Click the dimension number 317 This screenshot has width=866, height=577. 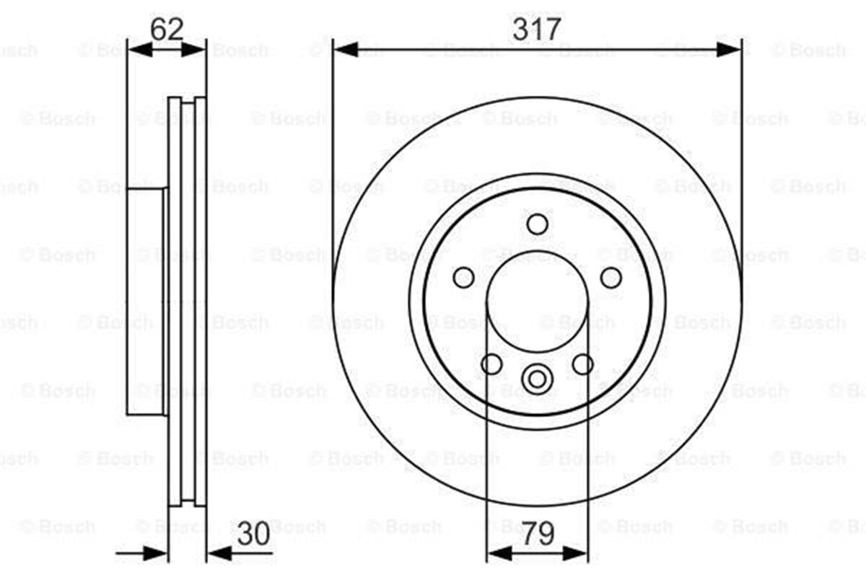pos(536,29)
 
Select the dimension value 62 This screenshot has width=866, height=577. pos(167,29)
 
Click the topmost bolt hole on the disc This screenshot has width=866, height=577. pos(537,224)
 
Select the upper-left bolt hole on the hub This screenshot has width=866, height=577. pos(463,277)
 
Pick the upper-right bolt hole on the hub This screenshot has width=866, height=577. pos(611,277)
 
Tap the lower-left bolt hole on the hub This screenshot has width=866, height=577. pos(491,364)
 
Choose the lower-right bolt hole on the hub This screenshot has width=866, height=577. pos(582,364)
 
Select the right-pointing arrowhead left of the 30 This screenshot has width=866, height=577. pos(156,554)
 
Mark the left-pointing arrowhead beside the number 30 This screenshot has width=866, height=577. pos(219,554)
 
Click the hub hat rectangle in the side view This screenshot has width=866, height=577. pos(146,301)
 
